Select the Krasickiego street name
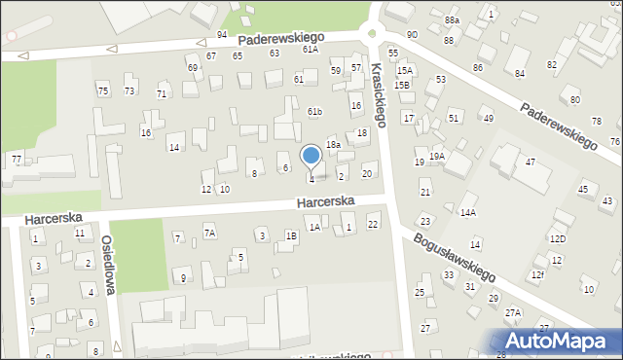pos(379,95)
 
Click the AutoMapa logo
pos(561,342)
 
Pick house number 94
pos(222,34)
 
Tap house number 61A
pos(310,49)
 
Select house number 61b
pos(314,112)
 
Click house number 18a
pos(333,144)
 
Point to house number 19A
pos(437,156)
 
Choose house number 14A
pos(468,212)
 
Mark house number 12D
pos(557,238)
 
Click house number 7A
pos(209,232)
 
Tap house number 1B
pos(291,235)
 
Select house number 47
pos(531,162)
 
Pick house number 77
pos(17,158)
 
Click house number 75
pos(102,90)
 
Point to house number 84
pos(520,73)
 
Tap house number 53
pos(441,79)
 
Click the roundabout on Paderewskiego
pos(372,31)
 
